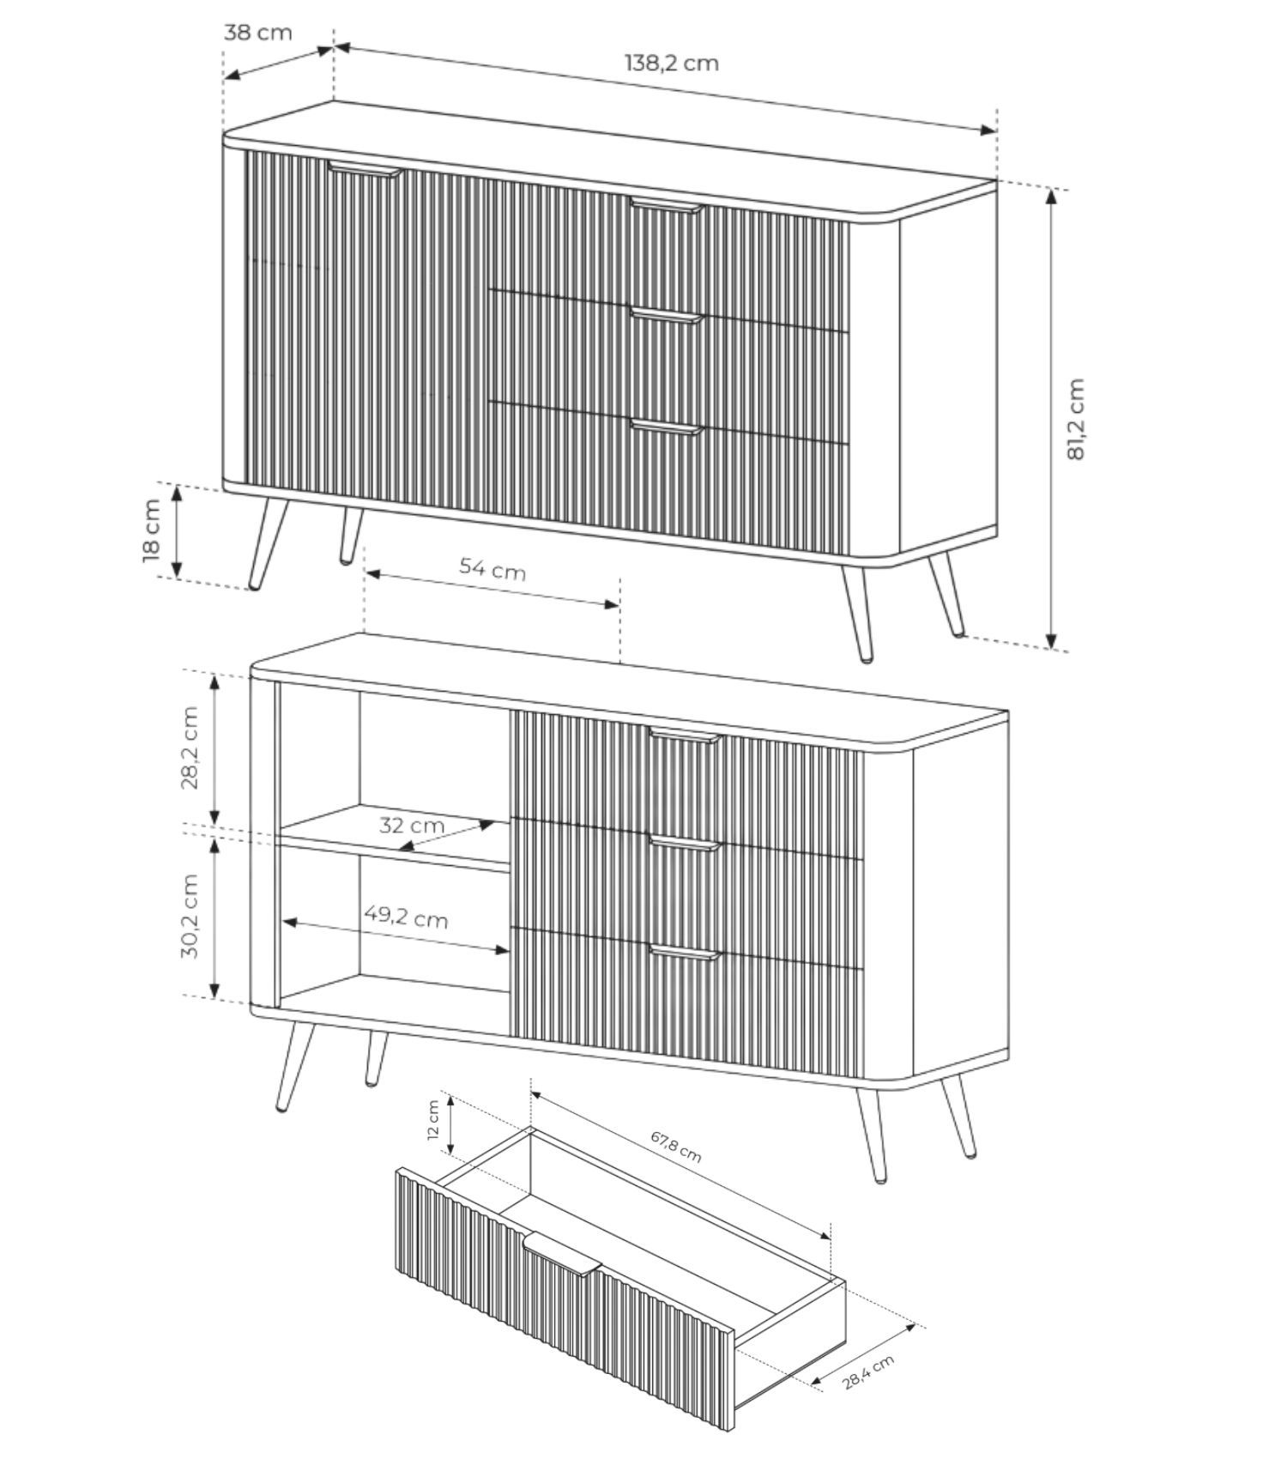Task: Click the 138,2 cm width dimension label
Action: (671, 63)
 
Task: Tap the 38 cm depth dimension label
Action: (257, 33)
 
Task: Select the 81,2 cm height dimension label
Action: (1076, 419)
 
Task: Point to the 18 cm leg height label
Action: (152, 530)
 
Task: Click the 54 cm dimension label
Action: (492, 567)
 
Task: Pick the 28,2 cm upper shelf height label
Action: (190, 748)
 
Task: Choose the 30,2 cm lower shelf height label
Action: (190, 917)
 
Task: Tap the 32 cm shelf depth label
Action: (412, 826)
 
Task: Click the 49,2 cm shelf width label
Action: (406, 917)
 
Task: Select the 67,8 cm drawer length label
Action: (676, 1147)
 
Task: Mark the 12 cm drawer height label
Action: (433, 1119)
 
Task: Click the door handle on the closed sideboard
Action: (365, 169)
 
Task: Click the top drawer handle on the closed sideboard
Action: (666, 205)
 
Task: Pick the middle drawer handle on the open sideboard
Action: (684, 843)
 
